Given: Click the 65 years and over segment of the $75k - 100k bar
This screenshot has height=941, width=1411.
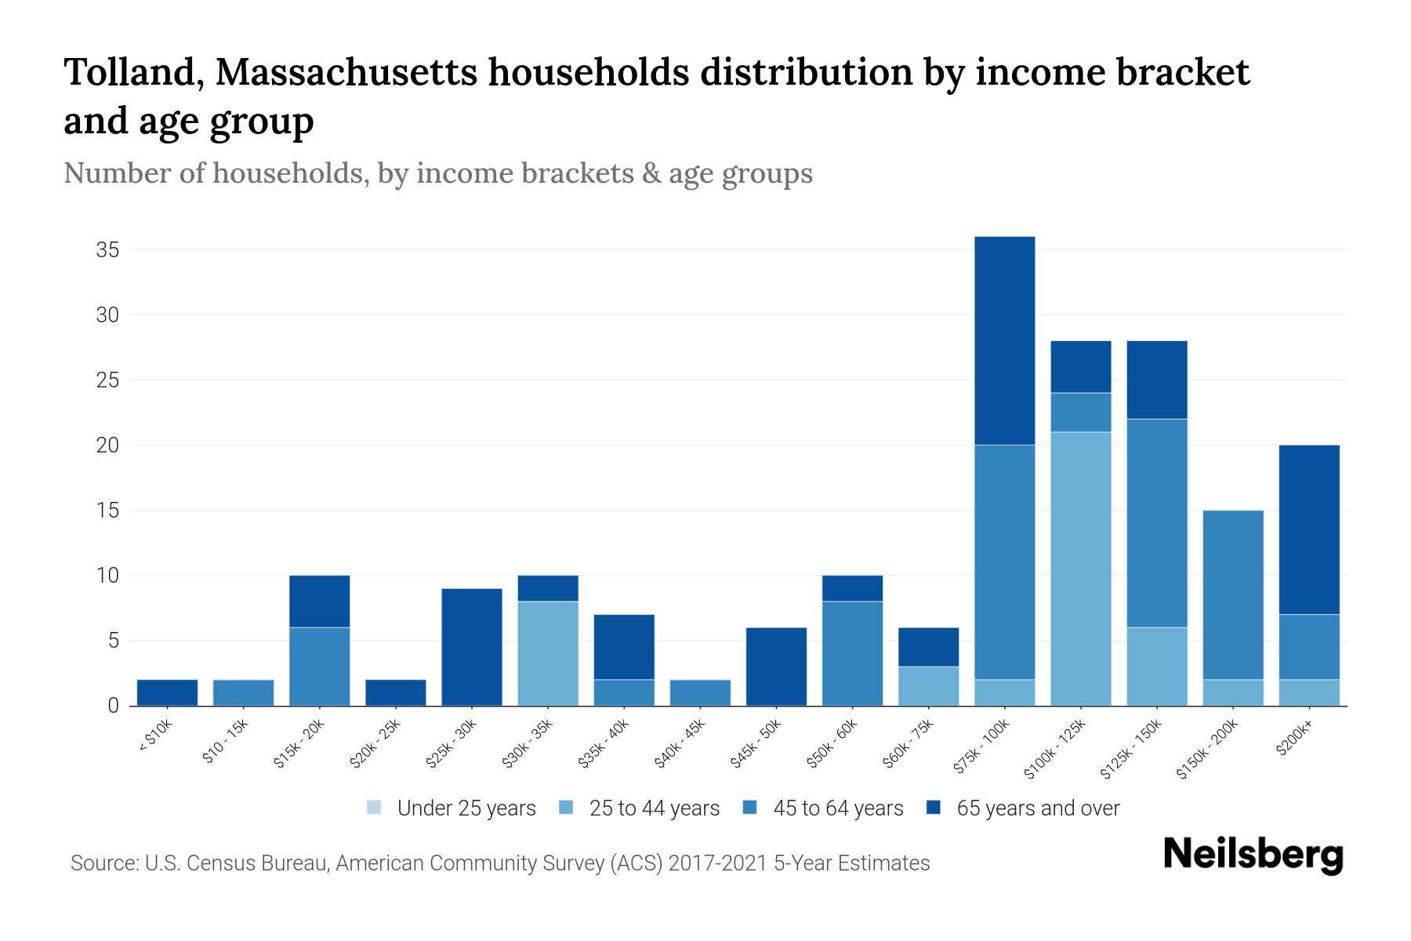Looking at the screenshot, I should tap(1004, 340).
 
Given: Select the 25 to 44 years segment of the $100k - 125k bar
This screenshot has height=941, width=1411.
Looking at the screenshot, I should tap(1080, 569).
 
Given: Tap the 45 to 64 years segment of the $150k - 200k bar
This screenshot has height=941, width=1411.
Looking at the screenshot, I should tap(1233, 594).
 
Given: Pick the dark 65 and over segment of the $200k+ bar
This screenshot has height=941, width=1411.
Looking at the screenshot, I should tap(1309, 529).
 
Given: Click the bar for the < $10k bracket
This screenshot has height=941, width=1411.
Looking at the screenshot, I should tap(167, 692).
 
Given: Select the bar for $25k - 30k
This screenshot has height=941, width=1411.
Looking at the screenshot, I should tap(472, 647).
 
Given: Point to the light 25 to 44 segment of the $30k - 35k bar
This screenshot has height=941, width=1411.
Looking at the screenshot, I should tap(548, 653).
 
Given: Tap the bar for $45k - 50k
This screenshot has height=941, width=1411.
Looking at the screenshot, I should tap(776, 667).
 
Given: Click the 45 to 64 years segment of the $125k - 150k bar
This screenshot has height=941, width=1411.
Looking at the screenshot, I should tap(1156, 523).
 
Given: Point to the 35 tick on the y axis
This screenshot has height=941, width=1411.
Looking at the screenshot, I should tap(107, 250).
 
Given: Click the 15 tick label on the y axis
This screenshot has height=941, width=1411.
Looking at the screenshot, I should tap(107, 510).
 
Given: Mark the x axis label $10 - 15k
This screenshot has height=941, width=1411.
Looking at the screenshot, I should tap(225, 742).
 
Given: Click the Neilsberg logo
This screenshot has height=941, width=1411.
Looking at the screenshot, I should tap(1253, 854).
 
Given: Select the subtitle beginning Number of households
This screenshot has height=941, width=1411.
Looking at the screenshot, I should tap(437, 173).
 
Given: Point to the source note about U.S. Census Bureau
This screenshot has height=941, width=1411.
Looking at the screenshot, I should tap(499, 863).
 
